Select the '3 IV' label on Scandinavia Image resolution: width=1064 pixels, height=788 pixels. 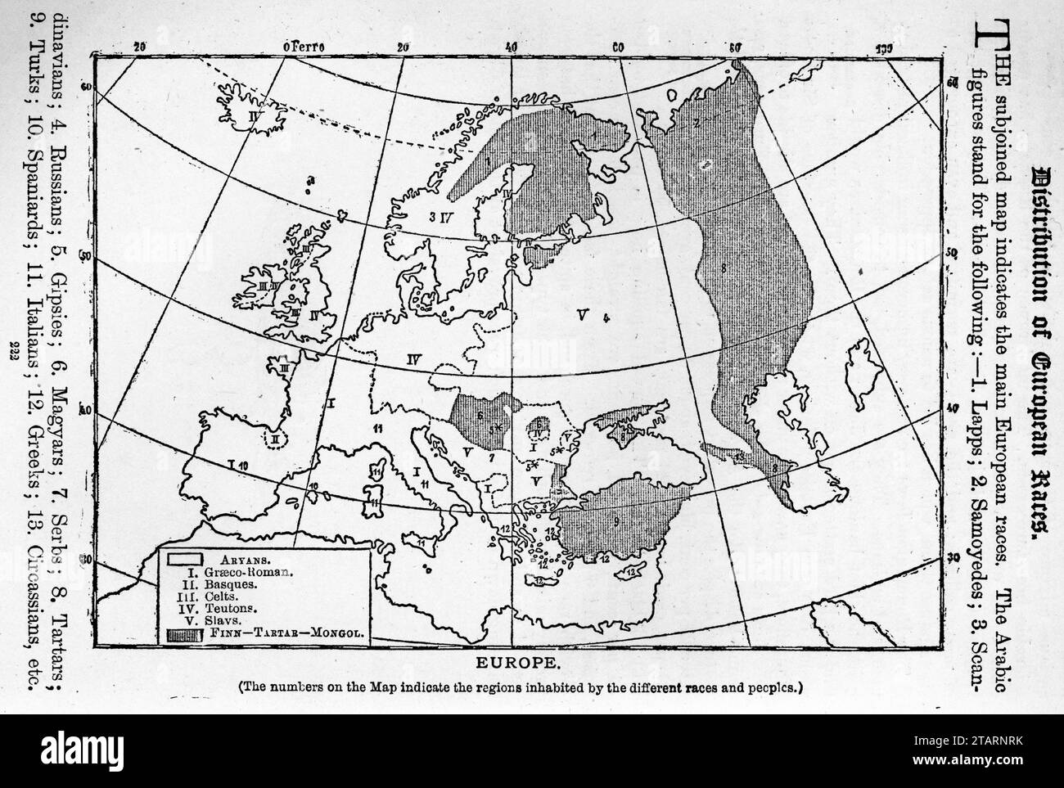click(x=442, y=217)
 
